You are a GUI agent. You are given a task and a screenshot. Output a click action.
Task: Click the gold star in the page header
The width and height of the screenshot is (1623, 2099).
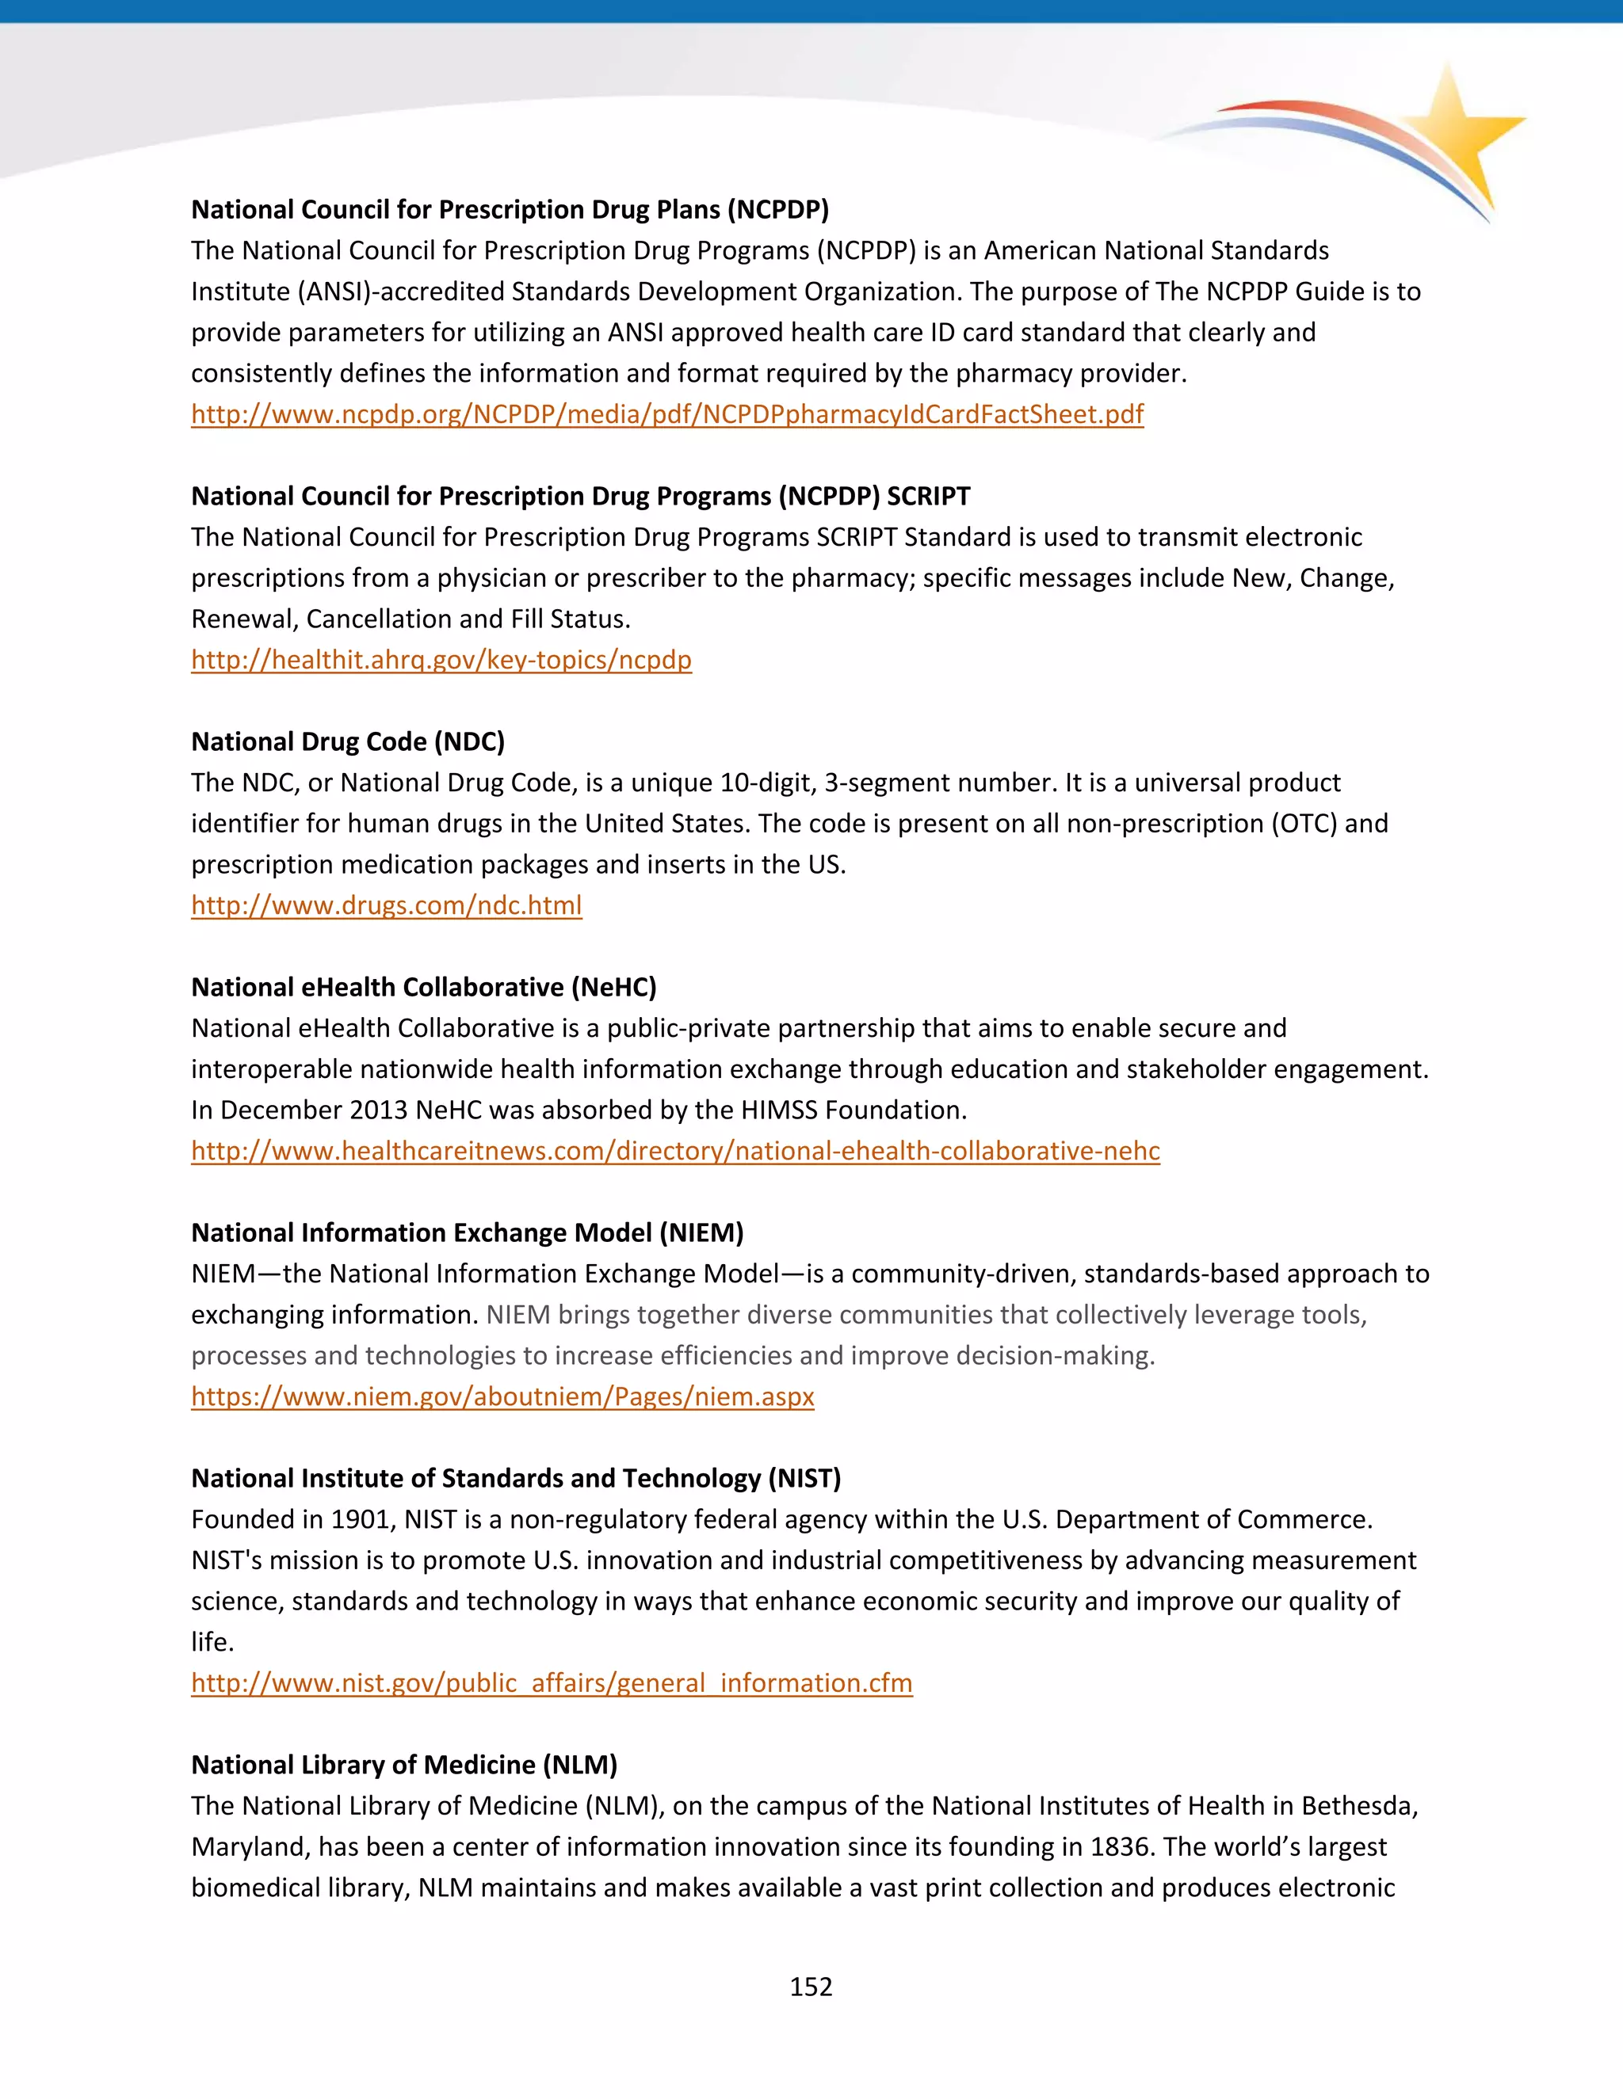1453,130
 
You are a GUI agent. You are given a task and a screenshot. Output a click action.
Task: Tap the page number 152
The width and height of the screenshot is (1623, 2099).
811,1987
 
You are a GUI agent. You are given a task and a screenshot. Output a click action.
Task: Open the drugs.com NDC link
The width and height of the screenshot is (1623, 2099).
386,905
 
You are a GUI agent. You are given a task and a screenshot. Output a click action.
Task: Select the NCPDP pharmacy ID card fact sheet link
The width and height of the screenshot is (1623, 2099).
666,414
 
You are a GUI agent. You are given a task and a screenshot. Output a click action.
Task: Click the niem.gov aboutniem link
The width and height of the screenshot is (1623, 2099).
502,1396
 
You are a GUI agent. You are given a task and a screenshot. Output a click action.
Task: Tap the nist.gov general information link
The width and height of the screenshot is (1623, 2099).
551,1683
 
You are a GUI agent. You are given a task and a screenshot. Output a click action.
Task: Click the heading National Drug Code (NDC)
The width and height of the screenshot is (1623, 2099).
347,742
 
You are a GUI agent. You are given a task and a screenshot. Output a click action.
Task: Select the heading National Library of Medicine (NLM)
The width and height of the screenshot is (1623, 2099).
404,1765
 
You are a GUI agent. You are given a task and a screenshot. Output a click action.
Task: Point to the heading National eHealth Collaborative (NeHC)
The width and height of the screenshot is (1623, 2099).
423,987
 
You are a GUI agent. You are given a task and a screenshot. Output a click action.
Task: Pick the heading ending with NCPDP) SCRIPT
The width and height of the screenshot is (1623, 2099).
580,496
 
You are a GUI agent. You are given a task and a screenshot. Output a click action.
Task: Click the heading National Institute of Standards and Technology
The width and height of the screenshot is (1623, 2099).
515,1478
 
